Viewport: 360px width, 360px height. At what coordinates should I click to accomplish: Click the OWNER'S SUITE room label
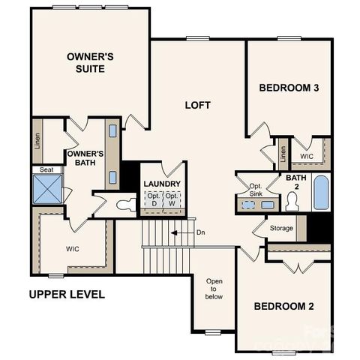pyautogui.click(x=90, y=63)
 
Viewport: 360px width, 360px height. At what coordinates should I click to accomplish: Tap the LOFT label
pyautogui.click(x=197, y=105)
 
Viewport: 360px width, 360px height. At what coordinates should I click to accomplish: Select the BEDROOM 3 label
pyautogui.click(x=289, y=88)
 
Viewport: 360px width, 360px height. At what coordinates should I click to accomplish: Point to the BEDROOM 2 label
pyautogui.click(x=283, y=306)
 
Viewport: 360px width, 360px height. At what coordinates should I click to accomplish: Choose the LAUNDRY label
pyautogui.click(x=162, y=184)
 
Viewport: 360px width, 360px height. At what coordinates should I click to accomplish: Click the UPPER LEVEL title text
pyautogui.click(x=67, y=294)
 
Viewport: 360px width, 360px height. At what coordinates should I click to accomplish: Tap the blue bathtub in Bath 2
pyautogui.click(x=320, y=193)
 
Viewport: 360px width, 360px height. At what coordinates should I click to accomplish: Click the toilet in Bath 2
pyautogui.click(x=292, y=201)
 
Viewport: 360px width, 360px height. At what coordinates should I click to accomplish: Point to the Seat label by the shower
pyautogui.click(x=47, y=170)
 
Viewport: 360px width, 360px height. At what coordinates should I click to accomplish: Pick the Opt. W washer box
pyautogui.click(x=172, y=199)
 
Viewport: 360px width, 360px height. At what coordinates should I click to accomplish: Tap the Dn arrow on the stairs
pyautogui.click(x=180, y=232)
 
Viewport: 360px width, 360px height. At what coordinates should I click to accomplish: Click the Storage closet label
pyautogui.click(x=281, y=227)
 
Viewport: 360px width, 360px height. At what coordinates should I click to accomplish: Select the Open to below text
pyautogui.click(x=214, y=289)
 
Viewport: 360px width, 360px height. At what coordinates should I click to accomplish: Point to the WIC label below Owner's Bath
pyautogui.click(x=73, y=248)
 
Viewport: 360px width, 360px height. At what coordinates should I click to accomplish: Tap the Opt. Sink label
pyautogui.click(x=255, y=189)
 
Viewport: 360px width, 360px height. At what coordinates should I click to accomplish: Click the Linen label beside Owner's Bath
pyautogui.click(x=37, y=142)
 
